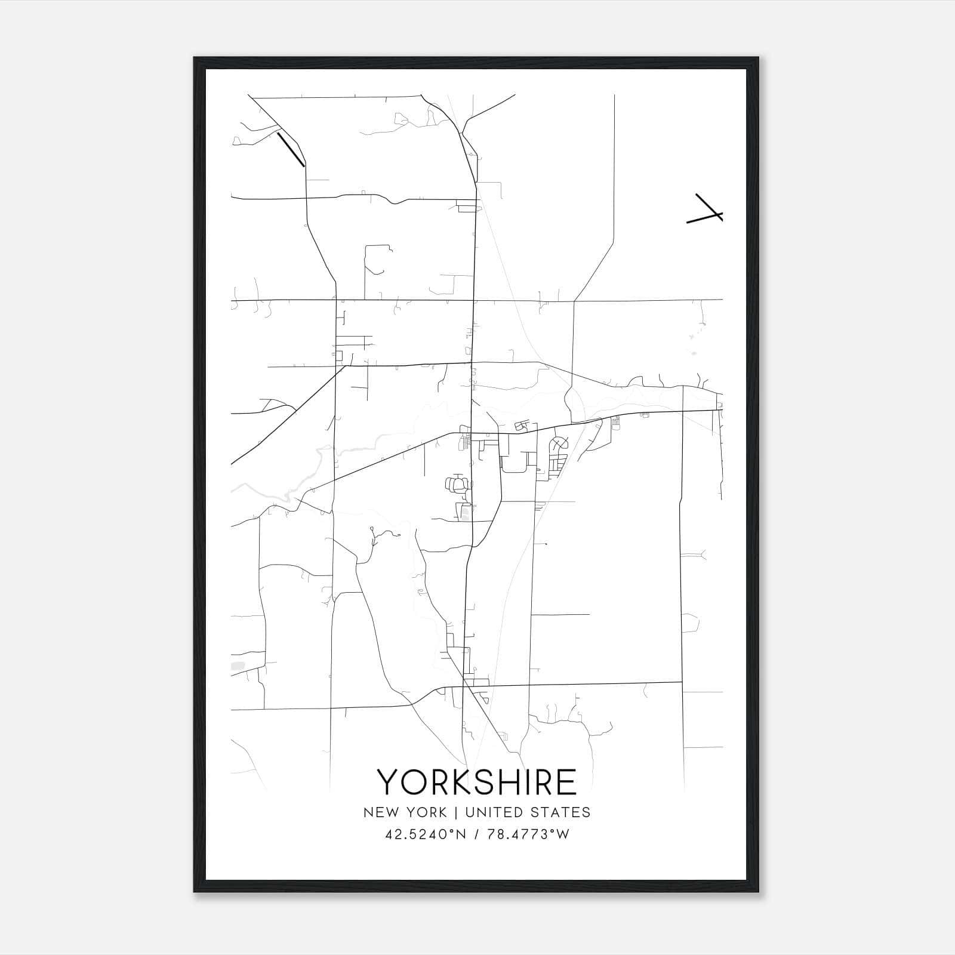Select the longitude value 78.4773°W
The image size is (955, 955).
click(528, 834)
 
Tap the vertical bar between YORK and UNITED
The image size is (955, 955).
click(456, 812)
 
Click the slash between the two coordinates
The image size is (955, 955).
click(476, 834)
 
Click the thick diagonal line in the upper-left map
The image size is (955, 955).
click(291, 149)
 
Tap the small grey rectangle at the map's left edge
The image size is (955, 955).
click(237, 665)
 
